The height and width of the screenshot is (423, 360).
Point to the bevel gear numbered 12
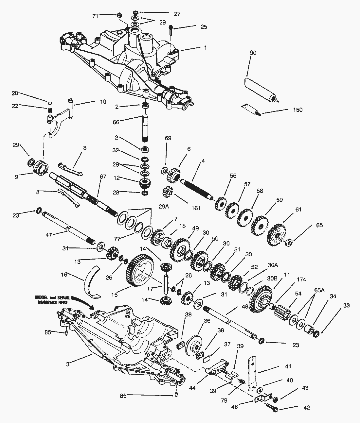click(x=145, y=183)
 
